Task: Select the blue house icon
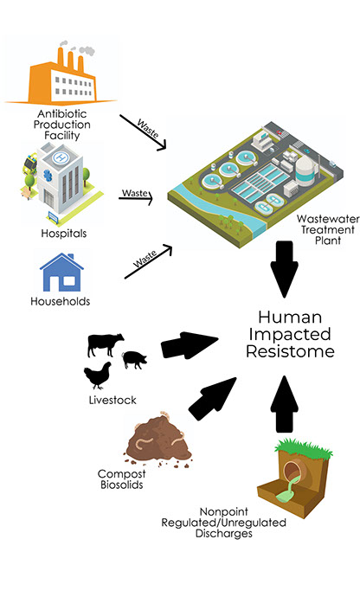[x=61, y=273]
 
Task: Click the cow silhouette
[x=106, y=344]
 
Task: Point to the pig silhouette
[x=135, y=359]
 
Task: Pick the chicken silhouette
[x=97, y=375]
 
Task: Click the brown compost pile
[x=158, y=439]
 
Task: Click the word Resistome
[x=290, y=351]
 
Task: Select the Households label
[x=61, y=301]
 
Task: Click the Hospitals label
[x=64, y=234]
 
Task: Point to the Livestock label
[x=112, y=400]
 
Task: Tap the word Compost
[x=121, y=474]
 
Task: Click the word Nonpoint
[x=224, y=511]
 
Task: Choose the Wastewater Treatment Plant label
[x=328, y=229]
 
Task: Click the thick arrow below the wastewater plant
[x=284, y=269]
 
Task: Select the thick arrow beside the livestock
[x=190, y=345]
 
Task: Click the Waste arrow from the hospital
[x=136, y=198]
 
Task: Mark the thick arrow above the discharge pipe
[x=284, y=404]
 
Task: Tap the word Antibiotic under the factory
[x=62, y=114]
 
